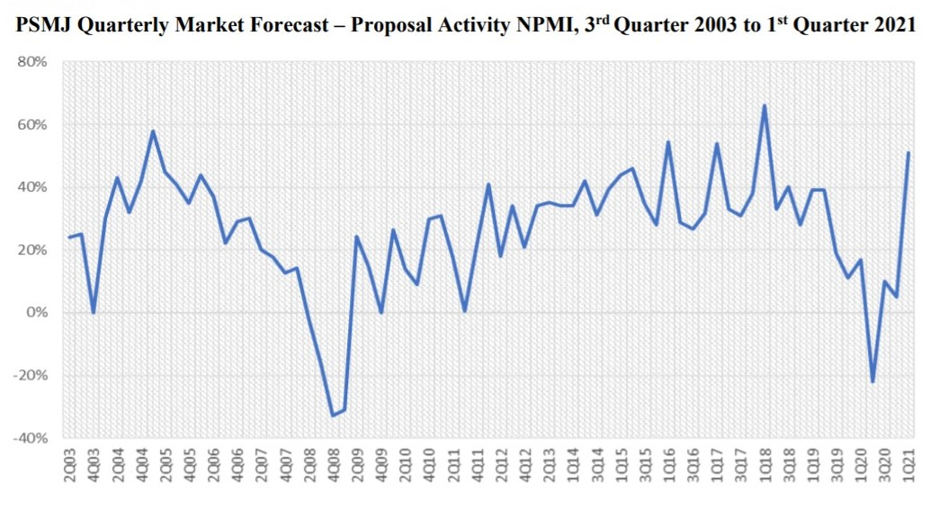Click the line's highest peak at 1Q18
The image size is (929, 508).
[x=764, y=105]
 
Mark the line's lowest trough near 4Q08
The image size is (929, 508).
[x=333, y=415]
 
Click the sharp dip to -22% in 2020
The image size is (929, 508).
[x=872, y=382]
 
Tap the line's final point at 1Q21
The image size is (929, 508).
[x=908, y=153]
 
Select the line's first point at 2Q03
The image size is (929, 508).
[x=69, y=237]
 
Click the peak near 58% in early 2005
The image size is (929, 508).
[x=153, y=131]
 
